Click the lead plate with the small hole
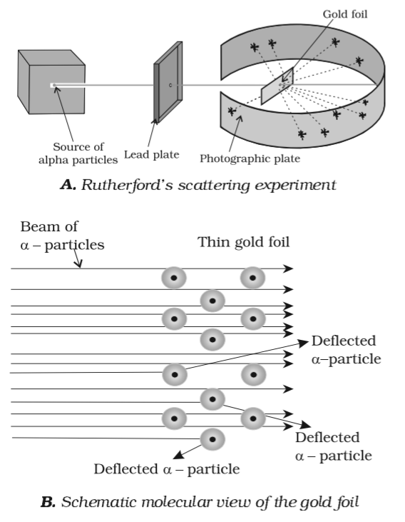click(167, 86)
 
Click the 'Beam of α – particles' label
click(61, 236)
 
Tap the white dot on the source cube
click(52, 86)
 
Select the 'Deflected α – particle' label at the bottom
click(166, 469)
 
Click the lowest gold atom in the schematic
click(212, 439)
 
